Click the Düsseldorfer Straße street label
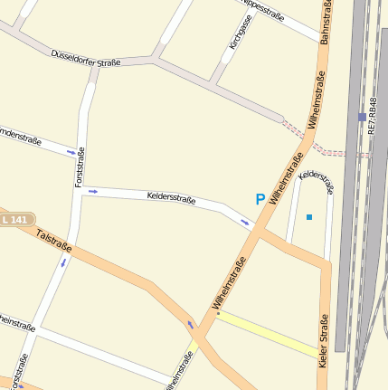pyautogui.click(x=86, y=59)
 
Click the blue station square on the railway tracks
pyautogui.click(x=362, y=117)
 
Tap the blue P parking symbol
pyautogui.click(x=260, y=199)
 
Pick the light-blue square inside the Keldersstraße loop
pyautogui.click(x=309, y=217)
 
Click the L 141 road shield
pyautogui.click(x=15, y=220)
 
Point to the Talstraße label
pyautogui.click(x=53, y=240)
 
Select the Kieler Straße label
pyautogui.click(x=324, y=339)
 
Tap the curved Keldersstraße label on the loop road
pyautogui.click(x=317, y=180)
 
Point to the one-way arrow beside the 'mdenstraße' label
pyautogui.click(x=71, y=153)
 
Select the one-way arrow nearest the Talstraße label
pyautogui.click(x=63, y=263)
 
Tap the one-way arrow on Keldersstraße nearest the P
pyautogui.click(x=245, y=222)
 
